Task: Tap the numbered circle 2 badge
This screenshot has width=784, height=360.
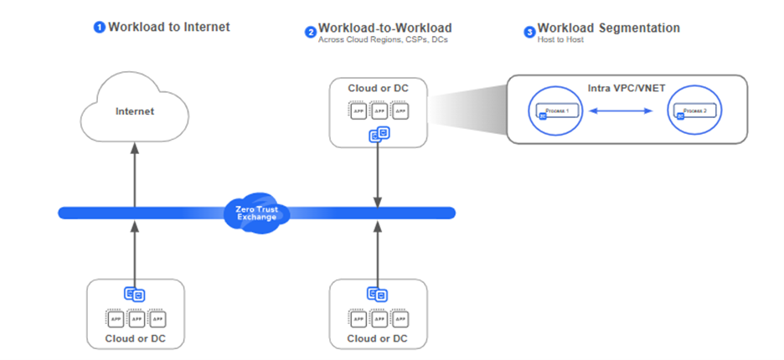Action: click(x=311, y=33)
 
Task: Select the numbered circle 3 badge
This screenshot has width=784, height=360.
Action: click(x=529, y=33)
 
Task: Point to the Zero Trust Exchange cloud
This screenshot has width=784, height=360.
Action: click(x=256, y=212)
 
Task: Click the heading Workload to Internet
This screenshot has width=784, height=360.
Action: click(x=168, y=27)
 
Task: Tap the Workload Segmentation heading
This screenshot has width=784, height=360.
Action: click(x=608, y=28)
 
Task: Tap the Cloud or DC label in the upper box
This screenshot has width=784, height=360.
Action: click(x=378, y=88)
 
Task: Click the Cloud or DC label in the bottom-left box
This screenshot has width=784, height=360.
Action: click(x=134, y=338)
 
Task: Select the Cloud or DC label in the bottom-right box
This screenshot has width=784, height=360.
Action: click(x=378, y=338)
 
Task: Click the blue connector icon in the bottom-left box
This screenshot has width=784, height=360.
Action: click(x=133, y=294)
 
